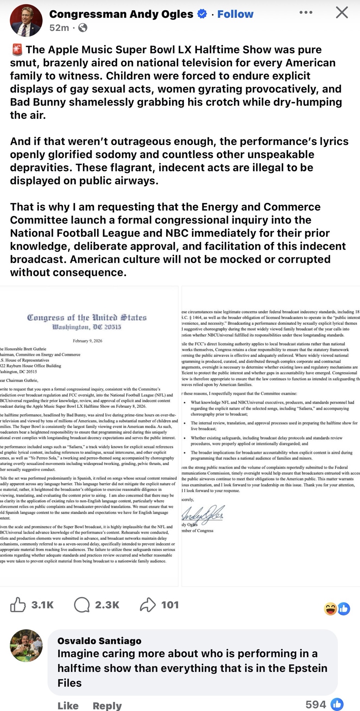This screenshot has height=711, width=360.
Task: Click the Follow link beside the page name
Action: coord(235,14)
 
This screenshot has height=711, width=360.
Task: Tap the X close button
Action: coord(342,13)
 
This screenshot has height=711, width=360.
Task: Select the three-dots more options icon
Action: coord(306,12)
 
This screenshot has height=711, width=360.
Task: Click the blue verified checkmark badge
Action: coord(202,14)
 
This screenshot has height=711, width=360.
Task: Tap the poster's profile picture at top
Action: coord(26,21)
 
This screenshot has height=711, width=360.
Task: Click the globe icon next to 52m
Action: coord(82,27)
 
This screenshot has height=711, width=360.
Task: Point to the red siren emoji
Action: coord(17,50)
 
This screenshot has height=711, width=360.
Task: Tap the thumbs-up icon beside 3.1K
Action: coord(18,605)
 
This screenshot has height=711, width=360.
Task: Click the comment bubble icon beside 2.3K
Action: coord(82,605)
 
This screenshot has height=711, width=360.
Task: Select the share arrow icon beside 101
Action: coord(148,605)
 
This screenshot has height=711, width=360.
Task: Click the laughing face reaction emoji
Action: coord(330,609)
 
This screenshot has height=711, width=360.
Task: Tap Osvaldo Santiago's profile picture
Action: coord(26,646)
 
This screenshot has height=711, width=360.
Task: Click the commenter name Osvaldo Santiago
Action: coord(99,641)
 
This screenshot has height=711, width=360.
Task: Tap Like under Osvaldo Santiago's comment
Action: coord(68,705)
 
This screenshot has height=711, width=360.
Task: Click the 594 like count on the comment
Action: coord(316,704)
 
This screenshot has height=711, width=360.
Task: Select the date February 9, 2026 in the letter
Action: coord(87,341)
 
